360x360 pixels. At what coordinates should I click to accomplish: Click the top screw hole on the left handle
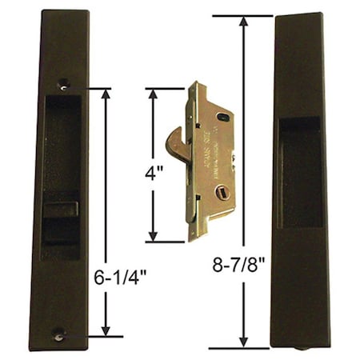(x=63, y=82)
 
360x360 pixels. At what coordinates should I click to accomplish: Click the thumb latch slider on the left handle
(x=60, y=212)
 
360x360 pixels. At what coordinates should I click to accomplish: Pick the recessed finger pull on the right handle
(x=301, y=172)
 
